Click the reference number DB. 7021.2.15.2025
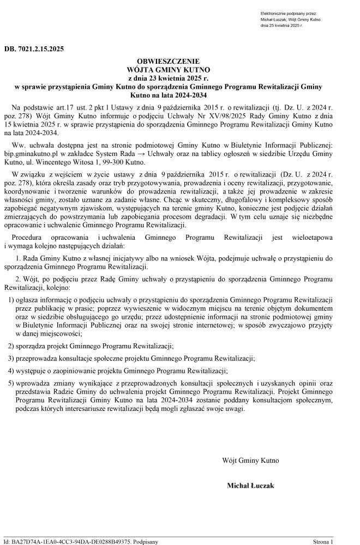[x=34, y=49]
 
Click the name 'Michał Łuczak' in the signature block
[x=250, y=485]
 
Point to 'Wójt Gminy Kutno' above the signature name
[x=250, y=461]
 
